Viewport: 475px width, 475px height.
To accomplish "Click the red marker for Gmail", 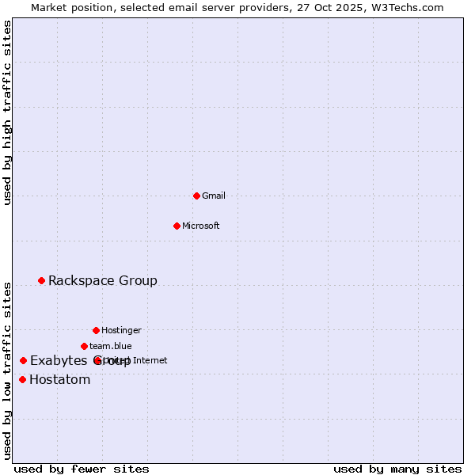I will (x=196, y=196).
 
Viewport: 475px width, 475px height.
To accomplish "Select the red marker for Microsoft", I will (x=177, y=226).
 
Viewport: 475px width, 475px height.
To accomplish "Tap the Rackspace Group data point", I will (x=41, y=280).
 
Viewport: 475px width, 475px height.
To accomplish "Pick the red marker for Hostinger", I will (x=96, y=330).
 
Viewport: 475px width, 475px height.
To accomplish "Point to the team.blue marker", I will (x=84, y=346).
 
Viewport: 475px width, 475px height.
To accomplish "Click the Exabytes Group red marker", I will (x=23, y=360).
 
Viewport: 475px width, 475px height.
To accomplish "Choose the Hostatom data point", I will (x=22, y=379).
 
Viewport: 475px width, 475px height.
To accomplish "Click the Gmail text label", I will (x=214, y=196).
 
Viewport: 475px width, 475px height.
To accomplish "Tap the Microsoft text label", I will (x=201, y=226).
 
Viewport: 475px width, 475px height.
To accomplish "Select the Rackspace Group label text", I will (x=103, y=280).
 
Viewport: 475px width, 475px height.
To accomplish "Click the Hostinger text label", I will (x=121, y=330).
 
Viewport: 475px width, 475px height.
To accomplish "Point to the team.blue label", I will (x=111, y=346).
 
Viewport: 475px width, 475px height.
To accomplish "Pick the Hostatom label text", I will (x=60, y=379).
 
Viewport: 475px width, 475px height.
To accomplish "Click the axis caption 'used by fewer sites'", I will (x=82, y=469).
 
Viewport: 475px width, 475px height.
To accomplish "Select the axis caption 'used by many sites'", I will (x=397, y=469).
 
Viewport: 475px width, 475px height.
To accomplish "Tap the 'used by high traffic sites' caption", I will (x=8, y=112).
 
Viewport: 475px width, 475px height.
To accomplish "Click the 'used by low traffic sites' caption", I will (x=8, y=370).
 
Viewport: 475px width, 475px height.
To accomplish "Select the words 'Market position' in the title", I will (x=69, y=7).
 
